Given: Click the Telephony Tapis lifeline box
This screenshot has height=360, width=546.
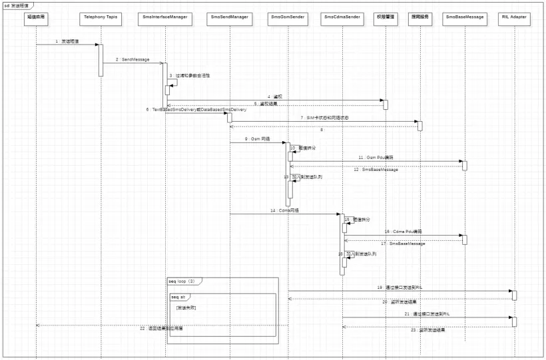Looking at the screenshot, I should [x=101, y=16].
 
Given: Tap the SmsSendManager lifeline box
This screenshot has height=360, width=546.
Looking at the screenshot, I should [x=230, y=16].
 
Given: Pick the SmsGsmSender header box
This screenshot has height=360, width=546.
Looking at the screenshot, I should [x=288, y=16].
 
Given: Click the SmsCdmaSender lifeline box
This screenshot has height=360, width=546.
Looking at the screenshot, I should [x=342, y=16].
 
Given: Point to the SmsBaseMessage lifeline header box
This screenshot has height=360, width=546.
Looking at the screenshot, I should [x=464, y=16].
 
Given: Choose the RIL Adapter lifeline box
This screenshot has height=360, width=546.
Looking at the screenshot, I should [x=513, y=16].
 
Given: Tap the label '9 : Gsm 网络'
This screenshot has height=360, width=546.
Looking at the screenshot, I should [x=257, y=138].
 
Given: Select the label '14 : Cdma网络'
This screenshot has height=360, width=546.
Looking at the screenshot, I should [x=285, y=210].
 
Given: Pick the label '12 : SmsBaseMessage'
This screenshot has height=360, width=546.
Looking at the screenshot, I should [x=376, y=170].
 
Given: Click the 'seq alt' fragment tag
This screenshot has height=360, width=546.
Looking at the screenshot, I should [x=178, y=297].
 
